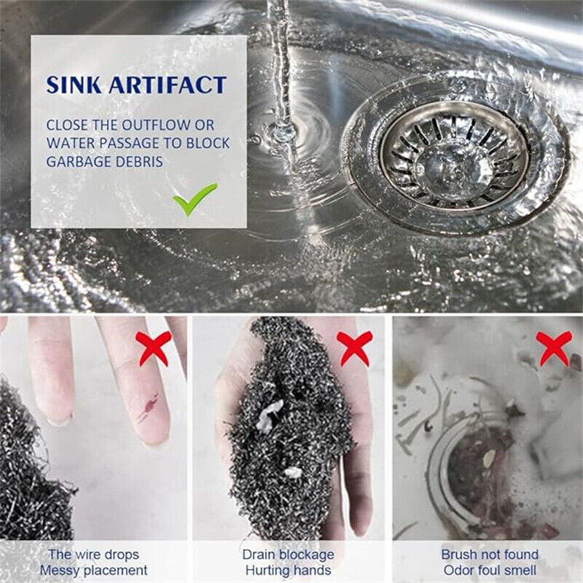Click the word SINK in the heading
click(x=74, y=85)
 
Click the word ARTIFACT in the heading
click(x=168, y=85)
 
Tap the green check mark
click(x=195, y=199)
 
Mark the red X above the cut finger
click(x=154, y=348)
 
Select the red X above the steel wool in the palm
click(x=354, y=348)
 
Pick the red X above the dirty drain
click(x=554, y=348)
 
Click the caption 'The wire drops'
click(x=94, y=555)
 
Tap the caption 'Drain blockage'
click(x=288, y=555)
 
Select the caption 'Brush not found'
click(x=490, y=555)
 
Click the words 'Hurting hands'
click(x=288, y=570)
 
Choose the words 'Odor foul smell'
click(x=490, y=570)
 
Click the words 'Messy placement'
click(x=94, y=570)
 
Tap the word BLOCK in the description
click(x=208, y=143)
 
